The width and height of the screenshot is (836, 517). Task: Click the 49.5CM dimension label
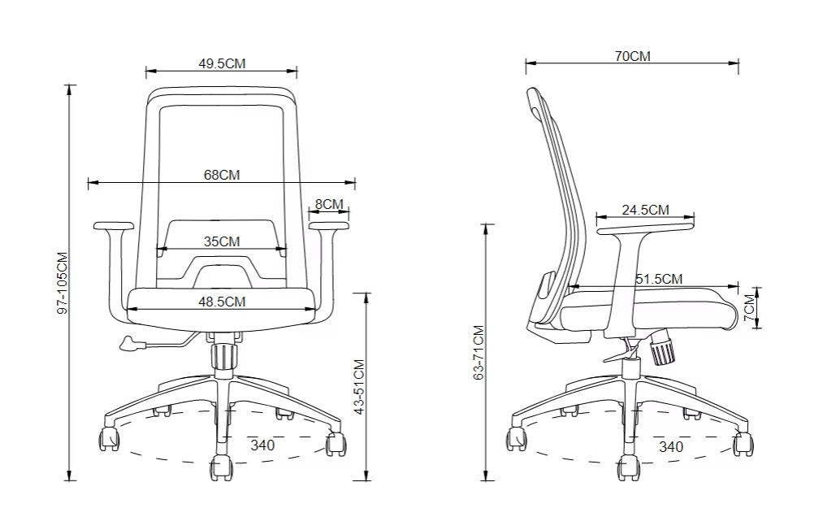(222, 63)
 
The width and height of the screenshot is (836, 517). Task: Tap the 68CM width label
(222, 175)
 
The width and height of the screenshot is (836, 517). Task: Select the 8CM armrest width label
(329, 204)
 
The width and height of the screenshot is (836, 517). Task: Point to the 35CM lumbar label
(222, 241)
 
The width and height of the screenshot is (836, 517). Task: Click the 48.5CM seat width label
(222, 302)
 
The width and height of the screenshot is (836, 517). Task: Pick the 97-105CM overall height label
(63, 283)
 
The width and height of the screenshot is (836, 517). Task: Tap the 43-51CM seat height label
(359, 387)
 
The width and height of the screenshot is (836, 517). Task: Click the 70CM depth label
(632, 56)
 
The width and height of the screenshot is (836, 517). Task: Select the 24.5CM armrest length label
(645, 211)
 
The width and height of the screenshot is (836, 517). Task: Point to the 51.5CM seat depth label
(659, 279)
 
